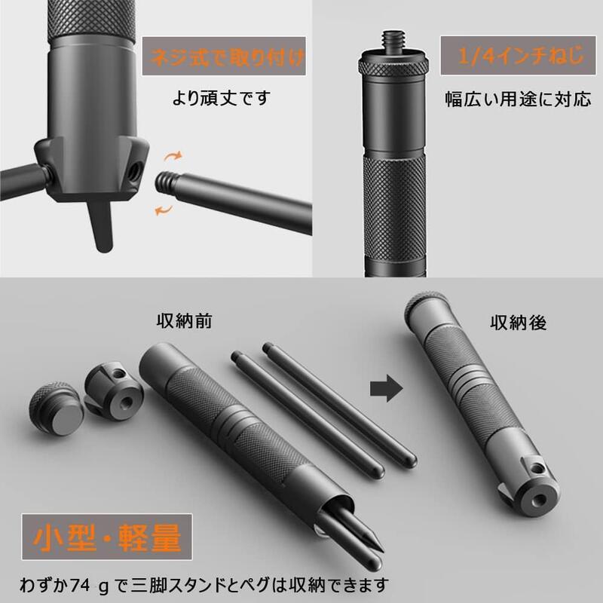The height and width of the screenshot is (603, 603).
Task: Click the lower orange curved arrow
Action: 162,210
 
